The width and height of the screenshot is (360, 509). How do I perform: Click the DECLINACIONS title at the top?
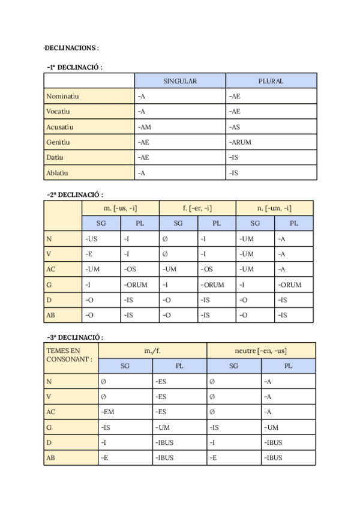(x=71, y=47)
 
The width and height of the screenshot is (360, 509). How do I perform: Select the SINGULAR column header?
(x=180, y=81)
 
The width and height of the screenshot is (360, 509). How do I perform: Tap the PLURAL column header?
(x=271, y=81)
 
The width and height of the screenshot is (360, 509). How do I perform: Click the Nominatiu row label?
(x=63, y=96)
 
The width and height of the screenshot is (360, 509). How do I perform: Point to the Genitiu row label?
(x=58, y=142)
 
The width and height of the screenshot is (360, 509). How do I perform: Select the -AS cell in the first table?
(x=235, y=127)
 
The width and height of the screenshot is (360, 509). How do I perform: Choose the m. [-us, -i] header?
(x=120, y=208)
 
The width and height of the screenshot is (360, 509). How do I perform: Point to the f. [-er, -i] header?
(x=197, y=208)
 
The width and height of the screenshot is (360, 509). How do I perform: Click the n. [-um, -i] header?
(x=274, y=208)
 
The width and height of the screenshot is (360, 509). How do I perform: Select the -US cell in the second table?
(x=92, y=239)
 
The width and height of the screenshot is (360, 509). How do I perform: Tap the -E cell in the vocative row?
(x=89, y=254)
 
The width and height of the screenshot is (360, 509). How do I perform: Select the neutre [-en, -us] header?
(x=260, y=350)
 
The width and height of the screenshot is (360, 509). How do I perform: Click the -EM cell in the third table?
(x=109, y=412)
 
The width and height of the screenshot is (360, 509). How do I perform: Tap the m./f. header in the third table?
(x=152, y=350)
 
